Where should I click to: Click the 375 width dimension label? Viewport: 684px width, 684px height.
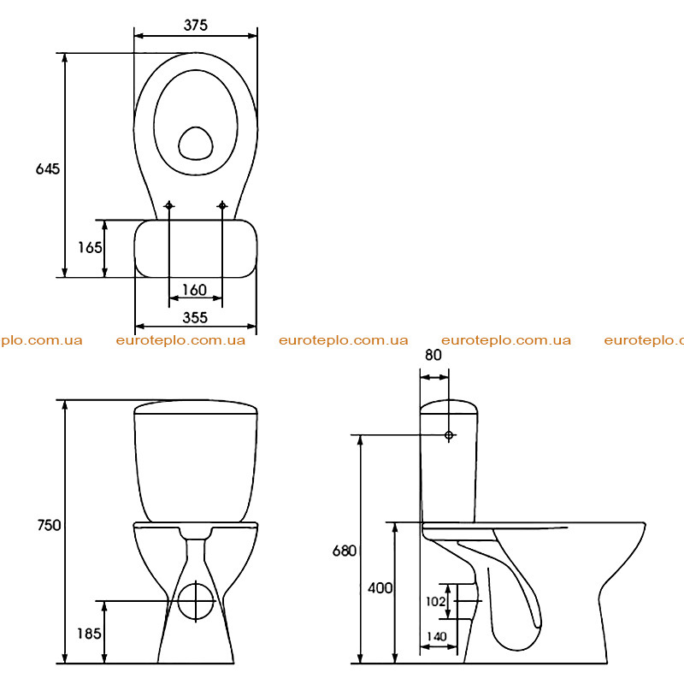[x=196, y=26]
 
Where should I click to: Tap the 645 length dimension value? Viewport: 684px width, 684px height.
[x=48, y=168]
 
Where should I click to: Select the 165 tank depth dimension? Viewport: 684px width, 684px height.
[x=90, y=247]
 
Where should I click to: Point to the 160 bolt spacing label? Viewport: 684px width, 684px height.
[x=195, y=290]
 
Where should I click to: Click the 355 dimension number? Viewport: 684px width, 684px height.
[x=195, y=317]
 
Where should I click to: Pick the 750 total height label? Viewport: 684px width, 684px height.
[x=49, y=525]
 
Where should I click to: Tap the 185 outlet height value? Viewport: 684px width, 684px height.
[x=89, y=634]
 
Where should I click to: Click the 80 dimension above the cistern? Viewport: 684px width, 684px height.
[x=433, y=355]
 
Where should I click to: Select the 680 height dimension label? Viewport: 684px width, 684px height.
[x=345, y=551]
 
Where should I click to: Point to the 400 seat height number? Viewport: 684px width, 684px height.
[x=380, y=588]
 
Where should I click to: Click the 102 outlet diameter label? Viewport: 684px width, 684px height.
[x=435, y=602]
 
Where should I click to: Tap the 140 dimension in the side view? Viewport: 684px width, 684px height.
[x=437, y=636]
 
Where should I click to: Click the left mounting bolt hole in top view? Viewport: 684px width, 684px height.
[x=168, y=205]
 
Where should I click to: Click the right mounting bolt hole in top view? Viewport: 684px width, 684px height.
[x=222, y=205]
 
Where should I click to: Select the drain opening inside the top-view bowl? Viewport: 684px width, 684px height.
[x=196, y=143]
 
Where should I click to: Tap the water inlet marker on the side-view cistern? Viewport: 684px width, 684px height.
[x=448, y=435]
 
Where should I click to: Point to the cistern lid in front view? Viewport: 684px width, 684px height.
[x=196, y=407]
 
